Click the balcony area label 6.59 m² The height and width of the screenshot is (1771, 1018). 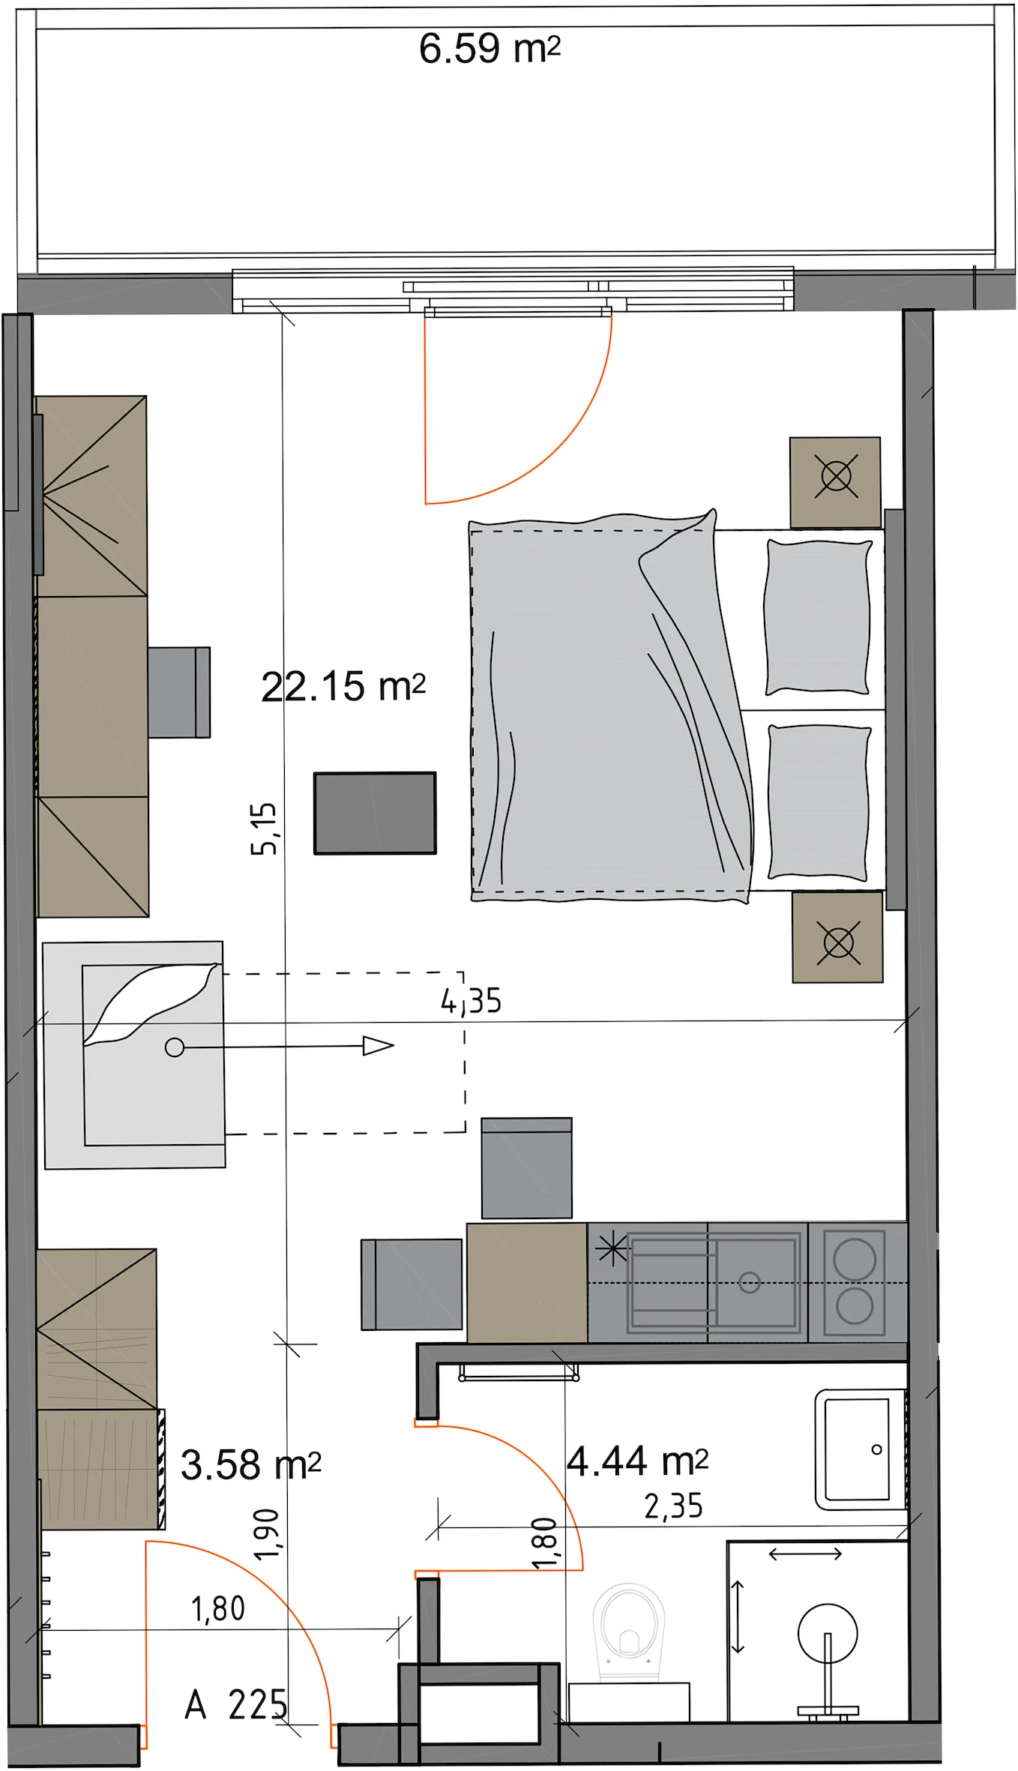pos(490,49)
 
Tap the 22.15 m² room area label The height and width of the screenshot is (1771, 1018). pos(343,686)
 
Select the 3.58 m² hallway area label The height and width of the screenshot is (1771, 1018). pos(251,1464)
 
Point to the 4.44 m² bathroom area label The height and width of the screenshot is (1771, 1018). pos(637,1461)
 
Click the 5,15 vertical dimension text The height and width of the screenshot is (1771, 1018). pos(264,829)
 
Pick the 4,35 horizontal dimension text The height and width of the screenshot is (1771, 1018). pos(471,1001)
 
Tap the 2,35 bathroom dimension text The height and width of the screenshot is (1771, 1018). pos(673,1506)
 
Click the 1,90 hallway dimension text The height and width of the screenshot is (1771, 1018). pos(266,1535)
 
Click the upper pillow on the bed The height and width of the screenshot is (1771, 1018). pos(818,617)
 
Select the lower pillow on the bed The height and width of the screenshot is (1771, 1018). pos(819,801)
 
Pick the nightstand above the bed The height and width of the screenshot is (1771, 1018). pos(835,483)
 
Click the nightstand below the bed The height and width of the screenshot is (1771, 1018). pos(837,937)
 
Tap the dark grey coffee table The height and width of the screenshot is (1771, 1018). pos(375,814)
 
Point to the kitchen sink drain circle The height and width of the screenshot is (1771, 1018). pos(750,1282)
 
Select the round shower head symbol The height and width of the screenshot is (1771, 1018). pos(828,1632)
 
